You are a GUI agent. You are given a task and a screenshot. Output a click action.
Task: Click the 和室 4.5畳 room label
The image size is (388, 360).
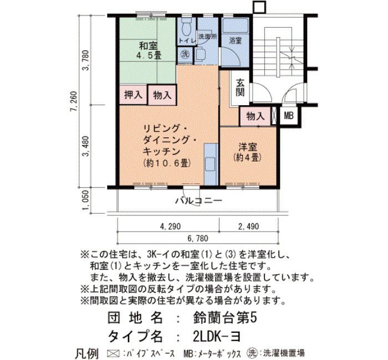point(149,50)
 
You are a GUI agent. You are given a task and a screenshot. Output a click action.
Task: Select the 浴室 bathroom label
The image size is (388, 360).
point(235,40)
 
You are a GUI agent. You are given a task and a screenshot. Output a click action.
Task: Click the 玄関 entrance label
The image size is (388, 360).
point(240,88)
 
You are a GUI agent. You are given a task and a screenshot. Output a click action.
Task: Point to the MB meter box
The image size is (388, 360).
point(289,115)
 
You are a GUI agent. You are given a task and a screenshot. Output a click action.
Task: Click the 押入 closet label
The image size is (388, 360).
point(133,95)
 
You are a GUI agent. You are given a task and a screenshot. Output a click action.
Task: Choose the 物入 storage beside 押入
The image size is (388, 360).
point(162,95)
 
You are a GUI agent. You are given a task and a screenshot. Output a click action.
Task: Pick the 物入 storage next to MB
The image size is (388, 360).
point(256,116)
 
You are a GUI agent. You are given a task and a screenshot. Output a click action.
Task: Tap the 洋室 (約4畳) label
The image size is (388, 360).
point(247,152)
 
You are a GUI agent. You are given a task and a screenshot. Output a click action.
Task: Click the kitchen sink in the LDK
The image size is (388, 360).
point(210,164)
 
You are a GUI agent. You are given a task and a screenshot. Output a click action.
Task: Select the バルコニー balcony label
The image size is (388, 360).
point(198,200)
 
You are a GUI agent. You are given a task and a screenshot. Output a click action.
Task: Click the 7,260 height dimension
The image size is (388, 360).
point(74,101)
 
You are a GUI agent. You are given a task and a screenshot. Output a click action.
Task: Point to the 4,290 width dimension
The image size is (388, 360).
point(170,226)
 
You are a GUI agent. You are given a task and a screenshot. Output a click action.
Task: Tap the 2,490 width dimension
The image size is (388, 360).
point(249,226)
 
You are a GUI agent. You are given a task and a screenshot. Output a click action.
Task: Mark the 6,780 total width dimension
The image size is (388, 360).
point(198,238)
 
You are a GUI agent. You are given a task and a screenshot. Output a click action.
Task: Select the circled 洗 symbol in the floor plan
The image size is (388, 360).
point(185,54)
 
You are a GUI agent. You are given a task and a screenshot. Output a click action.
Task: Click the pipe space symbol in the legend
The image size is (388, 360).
point(113,353)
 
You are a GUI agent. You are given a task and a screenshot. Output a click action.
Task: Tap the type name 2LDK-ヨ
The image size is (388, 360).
point(216,336)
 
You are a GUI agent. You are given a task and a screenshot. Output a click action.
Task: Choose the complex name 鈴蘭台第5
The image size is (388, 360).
point(224,318)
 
